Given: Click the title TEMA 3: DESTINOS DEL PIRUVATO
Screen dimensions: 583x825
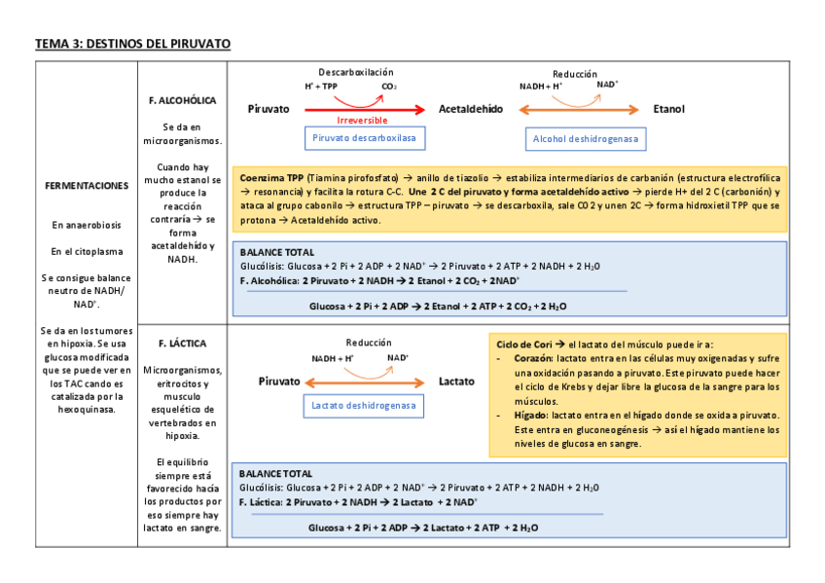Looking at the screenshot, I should point(132,44).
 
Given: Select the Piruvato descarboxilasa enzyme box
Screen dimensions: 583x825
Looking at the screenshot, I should point(363,139).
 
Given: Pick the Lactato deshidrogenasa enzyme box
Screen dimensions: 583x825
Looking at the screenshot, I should point(363,405).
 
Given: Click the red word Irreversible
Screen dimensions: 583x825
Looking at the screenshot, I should point(362,120).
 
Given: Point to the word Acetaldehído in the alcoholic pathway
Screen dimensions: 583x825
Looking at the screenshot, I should point(471,109).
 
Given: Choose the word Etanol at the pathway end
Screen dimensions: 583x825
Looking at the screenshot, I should point(668,109).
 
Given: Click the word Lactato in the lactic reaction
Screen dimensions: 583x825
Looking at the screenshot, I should point(456,382).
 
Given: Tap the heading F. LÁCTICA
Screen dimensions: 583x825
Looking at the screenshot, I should point(182,344).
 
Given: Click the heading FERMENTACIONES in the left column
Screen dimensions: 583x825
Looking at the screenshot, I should point(87,185).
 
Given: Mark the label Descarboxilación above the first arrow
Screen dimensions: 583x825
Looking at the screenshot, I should point(356,73).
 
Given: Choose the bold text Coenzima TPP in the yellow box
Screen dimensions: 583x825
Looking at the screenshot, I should point(271,180).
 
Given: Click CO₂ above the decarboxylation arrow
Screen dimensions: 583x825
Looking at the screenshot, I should point(389,87).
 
